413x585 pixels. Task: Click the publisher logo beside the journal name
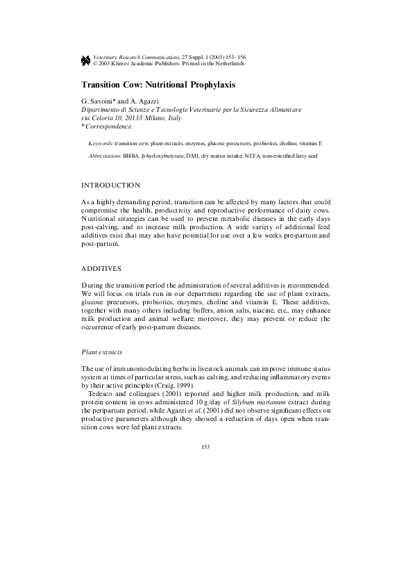(x=85, y=60)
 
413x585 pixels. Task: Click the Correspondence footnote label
(x=108, y=126)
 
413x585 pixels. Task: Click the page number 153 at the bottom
(x=205, y=446)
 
